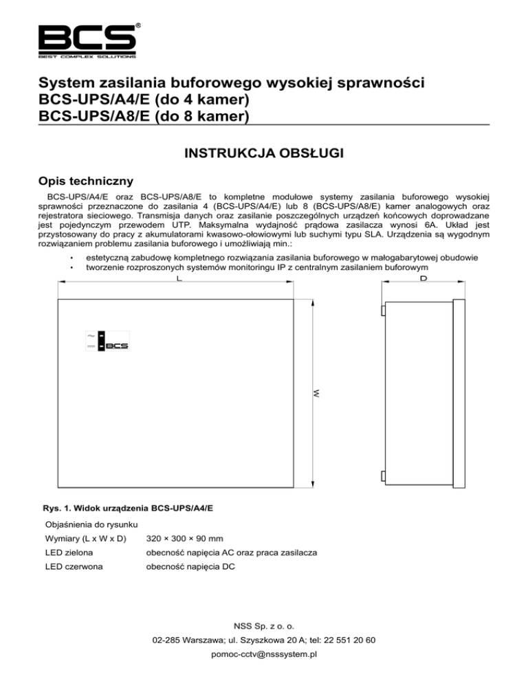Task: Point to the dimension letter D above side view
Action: pyautogui.click(x=423, y=280)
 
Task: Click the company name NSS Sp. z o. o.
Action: pyautogui.click(x=264, y=626)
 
